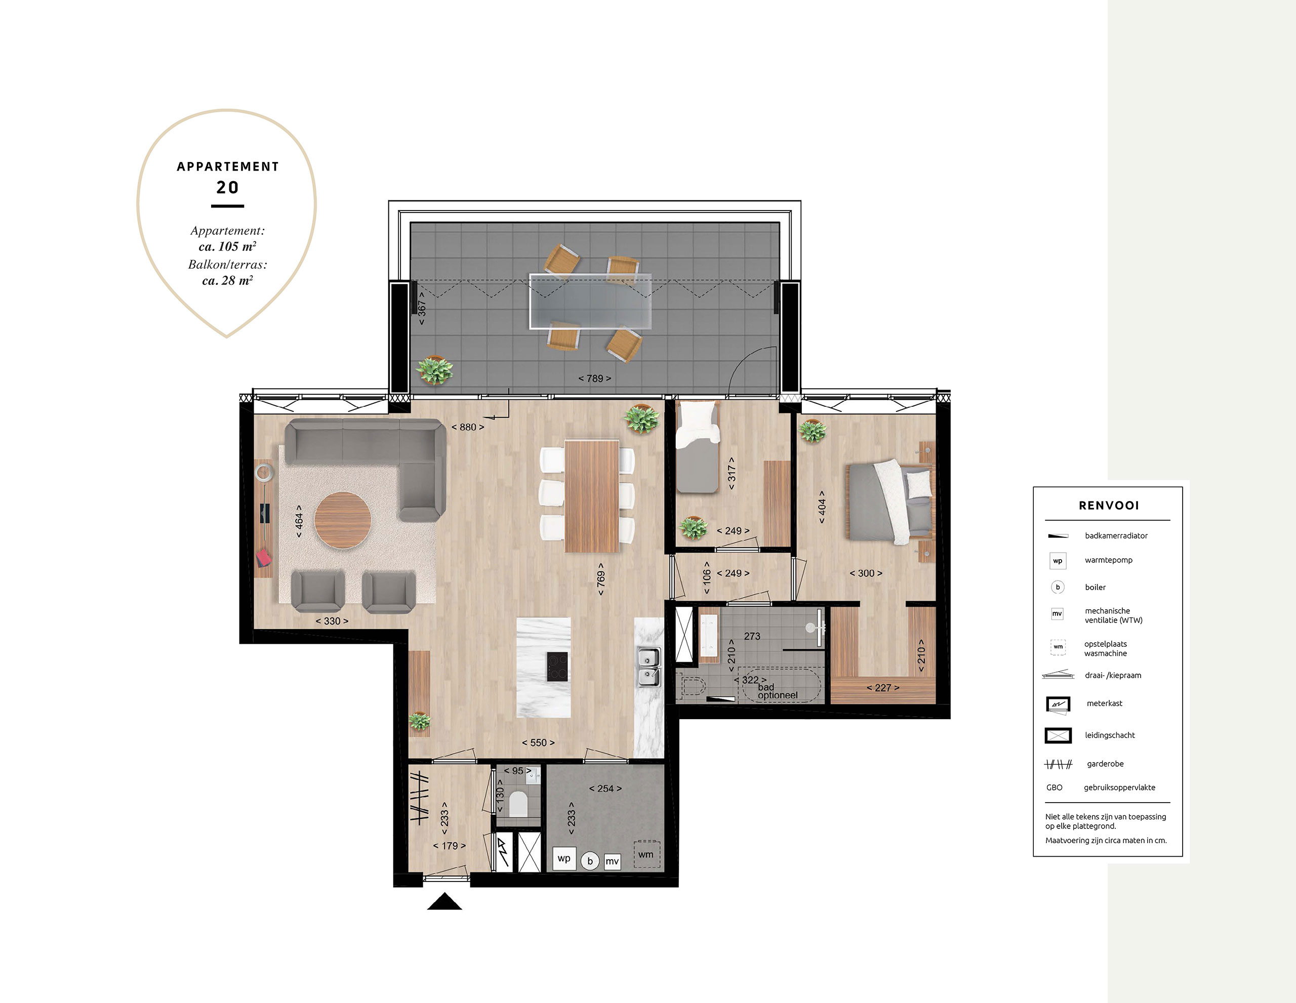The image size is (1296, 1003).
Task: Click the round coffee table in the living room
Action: [x=342, y=520]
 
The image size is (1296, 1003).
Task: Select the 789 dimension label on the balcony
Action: [x=595, y=379]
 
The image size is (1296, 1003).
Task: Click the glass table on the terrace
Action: [x=590, y=301]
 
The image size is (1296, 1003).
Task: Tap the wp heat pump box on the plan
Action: [x=564, y=858]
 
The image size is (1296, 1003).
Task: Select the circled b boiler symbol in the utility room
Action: [x=590, y=861]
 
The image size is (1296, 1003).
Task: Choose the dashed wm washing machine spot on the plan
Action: [x=646, y=855]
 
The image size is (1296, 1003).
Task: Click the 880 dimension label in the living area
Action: [x=468, y=427]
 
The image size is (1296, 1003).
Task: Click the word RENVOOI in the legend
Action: [x=1109, y=506]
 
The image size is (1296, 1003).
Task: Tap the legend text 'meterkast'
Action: [x=1104, y=703]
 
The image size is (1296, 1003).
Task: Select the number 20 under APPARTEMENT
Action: [x=227, y=187]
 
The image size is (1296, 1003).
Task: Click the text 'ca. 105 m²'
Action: [x=227, y=246]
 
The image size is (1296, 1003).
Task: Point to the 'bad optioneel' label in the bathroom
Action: [x=778, y=691]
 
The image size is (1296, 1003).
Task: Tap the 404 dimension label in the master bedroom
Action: [x=822, y=507]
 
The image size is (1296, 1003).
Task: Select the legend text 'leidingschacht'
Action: [x=1110, y=735]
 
